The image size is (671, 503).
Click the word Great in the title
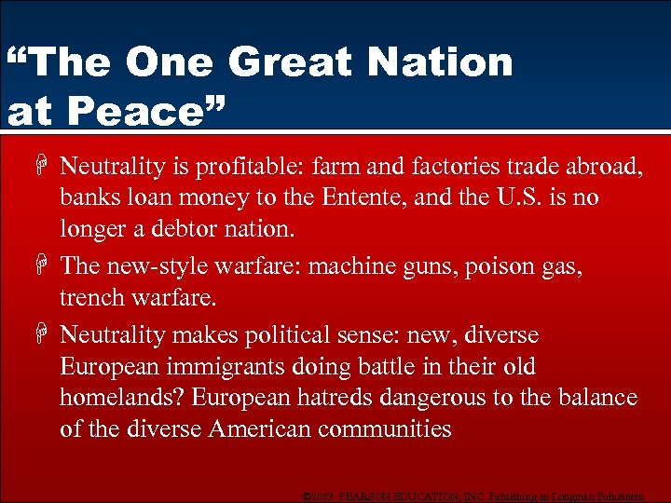pyautogui.click(x=288, y=62)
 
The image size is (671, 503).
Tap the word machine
pyautogui.click(x=349, y=265)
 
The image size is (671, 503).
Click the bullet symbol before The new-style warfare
pyautogui.click(x=44, y=266)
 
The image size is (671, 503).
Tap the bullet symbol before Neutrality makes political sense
pyautogui.click(x=44, y=334)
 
